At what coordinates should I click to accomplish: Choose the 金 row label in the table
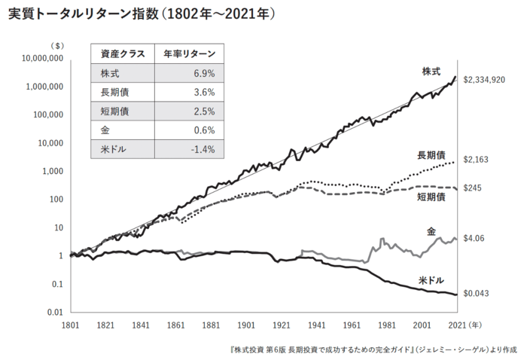103,130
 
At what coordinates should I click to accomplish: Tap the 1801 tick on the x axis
70,325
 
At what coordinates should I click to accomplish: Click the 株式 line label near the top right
431,72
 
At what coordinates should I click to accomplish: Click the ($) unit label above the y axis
56,45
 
